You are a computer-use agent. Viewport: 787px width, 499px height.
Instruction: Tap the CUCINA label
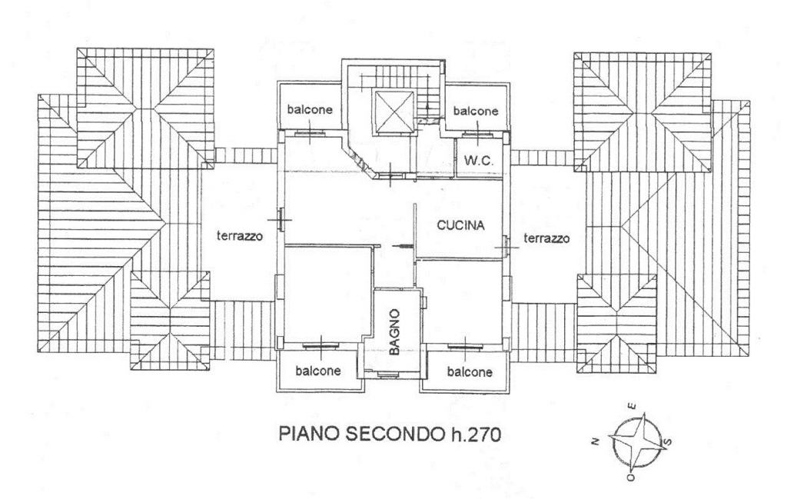460,226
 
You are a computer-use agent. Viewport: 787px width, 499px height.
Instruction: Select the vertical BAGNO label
394,331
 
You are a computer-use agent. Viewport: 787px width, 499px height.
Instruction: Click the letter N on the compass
594,441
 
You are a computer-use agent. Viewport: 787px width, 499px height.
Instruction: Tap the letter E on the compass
631,407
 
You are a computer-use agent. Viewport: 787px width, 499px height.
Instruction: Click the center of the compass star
633,441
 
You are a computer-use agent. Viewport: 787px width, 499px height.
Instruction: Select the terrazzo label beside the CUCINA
546,239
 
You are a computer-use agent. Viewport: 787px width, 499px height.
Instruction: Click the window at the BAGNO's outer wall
390,374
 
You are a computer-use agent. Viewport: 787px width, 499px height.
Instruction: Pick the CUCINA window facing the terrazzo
506,245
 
